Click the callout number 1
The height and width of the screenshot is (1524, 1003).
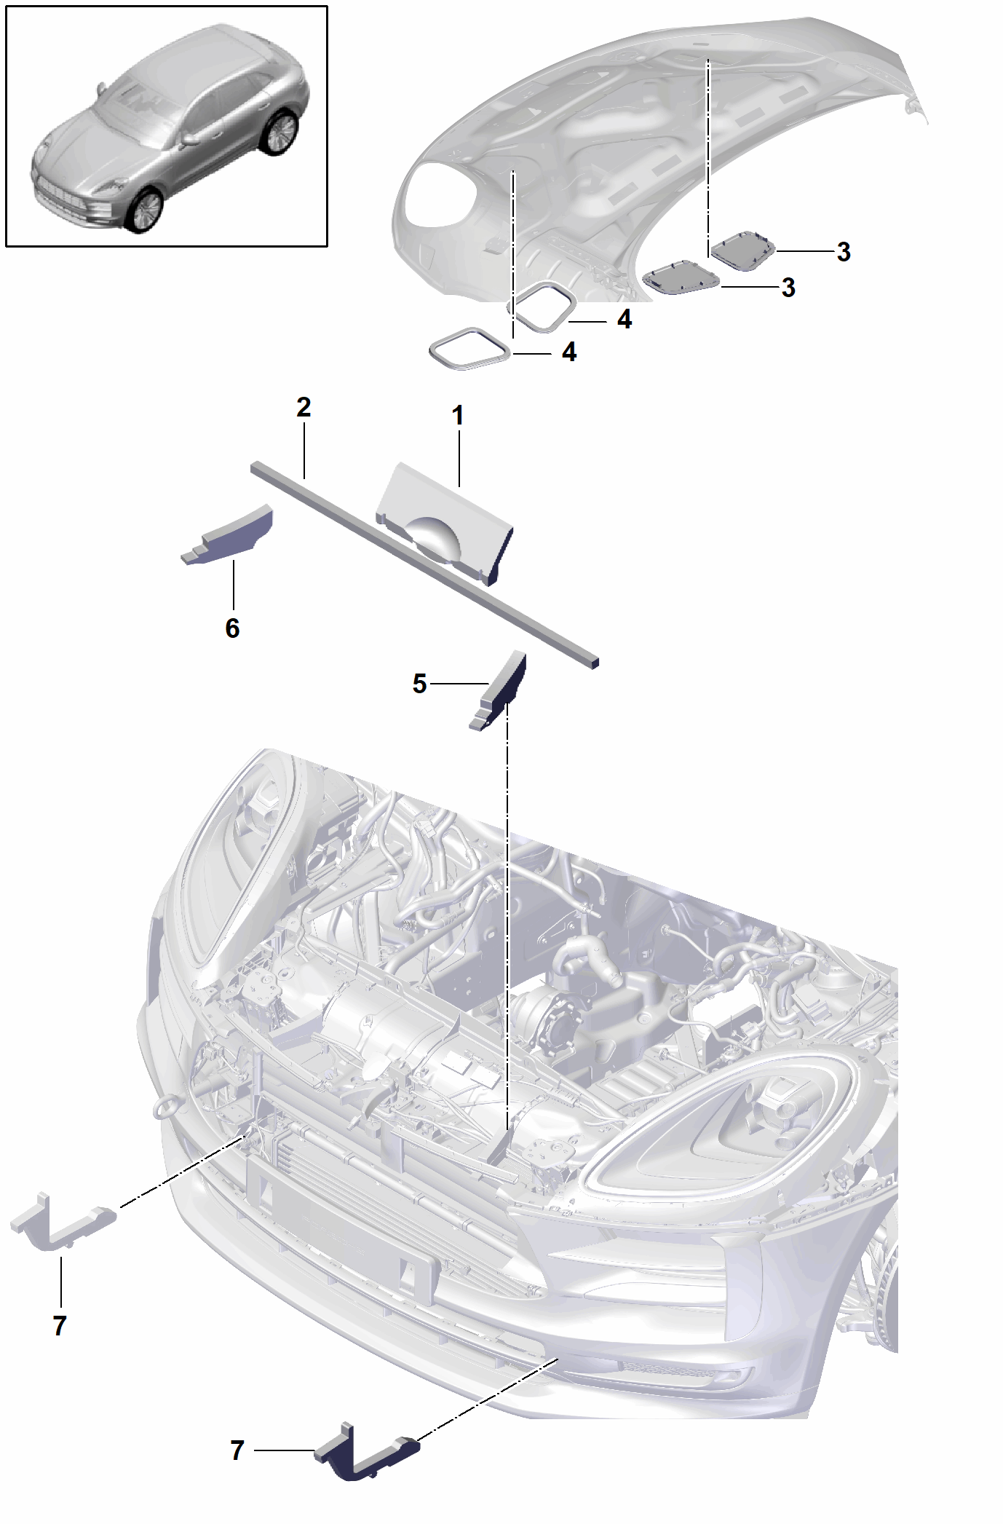coord(457,416)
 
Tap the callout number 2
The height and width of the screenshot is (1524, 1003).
coord(304,407)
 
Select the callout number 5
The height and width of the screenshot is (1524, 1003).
coord(419,684)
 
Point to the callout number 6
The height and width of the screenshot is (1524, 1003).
coord(232,628)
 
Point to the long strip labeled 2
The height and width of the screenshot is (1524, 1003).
coord(424,564)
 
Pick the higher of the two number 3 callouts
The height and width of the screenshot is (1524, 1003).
coord(843,252)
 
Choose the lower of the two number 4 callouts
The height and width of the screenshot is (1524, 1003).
coord(568,352)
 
